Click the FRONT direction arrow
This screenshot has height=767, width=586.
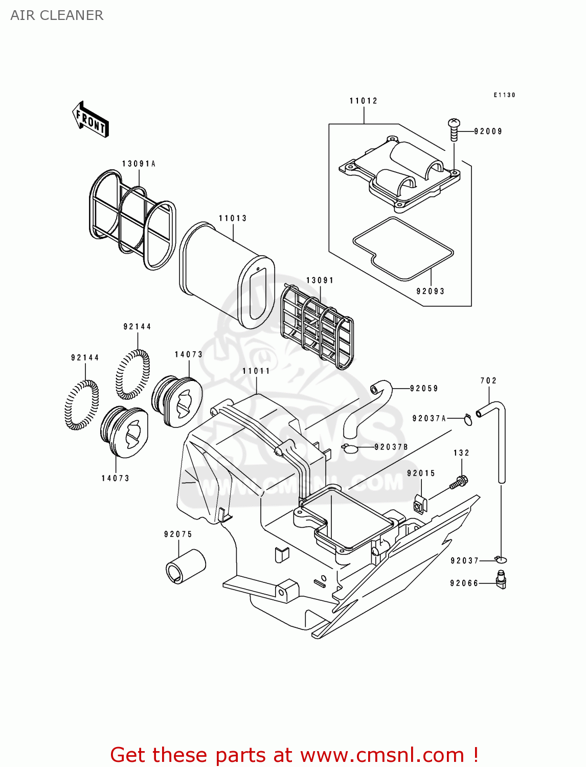coord(91,119)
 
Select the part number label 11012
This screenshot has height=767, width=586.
coord(363,101)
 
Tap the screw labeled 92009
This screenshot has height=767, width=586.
coord(454,130)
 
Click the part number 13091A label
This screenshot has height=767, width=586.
coord(139,164)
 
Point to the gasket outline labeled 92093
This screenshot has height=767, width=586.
coord(403,249)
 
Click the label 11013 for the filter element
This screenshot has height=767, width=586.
coord(233,218)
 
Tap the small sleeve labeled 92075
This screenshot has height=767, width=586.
coord(185,566)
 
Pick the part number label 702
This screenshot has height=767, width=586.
coord(488,380)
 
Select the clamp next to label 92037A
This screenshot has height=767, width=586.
coord(468,419)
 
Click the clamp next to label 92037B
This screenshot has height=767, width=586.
coord(349,448)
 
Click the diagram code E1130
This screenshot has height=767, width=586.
coord(504,95)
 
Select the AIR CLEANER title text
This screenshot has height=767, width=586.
coord(57,15)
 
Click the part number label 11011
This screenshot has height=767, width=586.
coord(256,371)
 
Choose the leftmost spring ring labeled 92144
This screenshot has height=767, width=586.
coord(82,404)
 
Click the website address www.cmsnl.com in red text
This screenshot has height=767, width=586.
coord(382,755)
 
